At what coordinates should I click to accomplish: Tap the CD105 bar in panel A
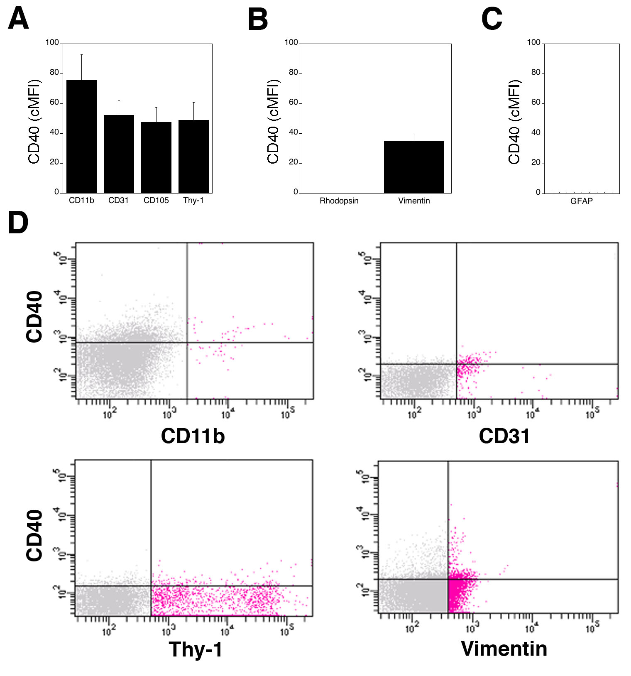[x=156, y=157]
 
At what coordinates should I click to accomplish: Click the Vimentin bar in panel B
[x=414, y=167]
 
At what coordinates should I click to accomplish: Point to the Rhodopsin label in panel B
[x=339, y=201]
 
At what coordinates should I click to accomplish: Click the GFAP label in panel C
[x=581, y=201]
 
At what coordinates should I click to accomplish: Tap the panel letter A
[x=18, y=20]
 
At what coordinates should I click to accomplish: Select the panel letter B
[x=257, y=20]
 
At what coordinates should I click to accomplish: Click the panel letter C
[x=492, y=20]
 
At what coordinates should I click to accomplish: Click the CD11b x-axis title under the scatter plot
[x=193, y=436]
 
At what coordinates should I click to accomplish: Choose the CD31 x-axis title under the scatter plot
[x=504, y=436]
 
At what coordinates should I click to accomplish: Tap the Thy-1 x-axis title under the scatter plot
[x=195, y=649]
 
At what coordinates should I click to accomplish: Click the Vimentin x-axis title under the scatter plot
[x=504, y=649]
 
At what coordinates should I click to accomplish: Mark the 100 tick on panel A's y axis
[x=52, y=42]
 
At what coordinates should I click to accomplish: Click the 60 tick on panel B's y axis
[x=293, y=103]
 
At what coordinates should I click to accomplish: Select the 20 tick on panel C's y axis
[x=536, y=162]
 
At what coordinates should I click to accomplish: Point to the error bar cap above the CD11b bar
[x=81, y=54]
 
